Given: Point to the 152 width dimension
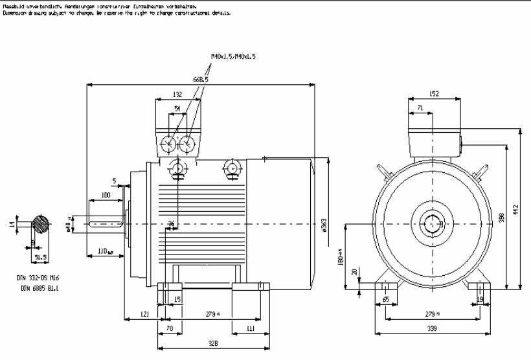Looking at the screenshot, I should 434,94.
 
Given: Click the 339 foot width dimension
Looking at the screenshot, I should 433,329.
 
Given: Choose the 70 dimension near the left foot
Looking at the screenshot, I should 169,329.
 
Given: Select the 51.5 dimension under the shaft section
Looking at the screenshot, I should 41,256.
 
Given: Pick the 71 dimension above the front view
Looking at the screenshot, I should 420,108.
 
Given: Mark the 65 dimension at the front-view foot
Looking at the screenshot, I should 386,299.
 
